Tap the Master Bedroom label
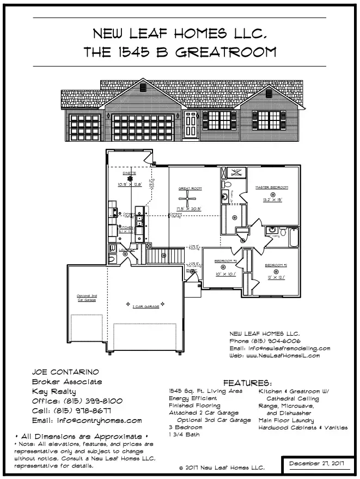coord(272,187)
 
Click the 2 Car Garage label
coord(144,307)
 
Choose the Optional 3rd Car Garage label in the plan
coord(87,298)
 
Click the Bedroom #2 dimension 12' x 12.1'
coord(276,277)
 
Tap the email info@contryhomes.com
coord(87,421)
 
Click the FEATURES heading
coord(248,383)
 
